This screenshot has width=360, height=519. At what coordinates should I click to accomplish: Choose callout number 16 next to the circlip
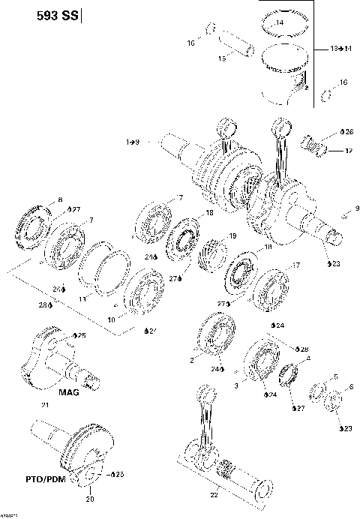point(343,82)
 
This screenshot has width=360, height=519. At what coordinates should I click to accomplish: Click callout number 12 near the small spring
point(348,151)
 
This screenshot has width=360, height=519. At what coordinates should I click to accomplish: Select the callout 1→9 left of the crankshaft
point(133,141)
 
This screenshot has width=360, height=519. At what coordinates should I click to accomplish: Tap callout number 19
point(232,236)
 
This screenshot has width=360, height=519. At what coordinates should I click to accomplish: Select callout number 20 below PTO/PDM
point(91,499)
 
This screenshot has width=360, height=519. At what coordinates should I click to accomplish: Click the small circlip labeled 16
point(326,94)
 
